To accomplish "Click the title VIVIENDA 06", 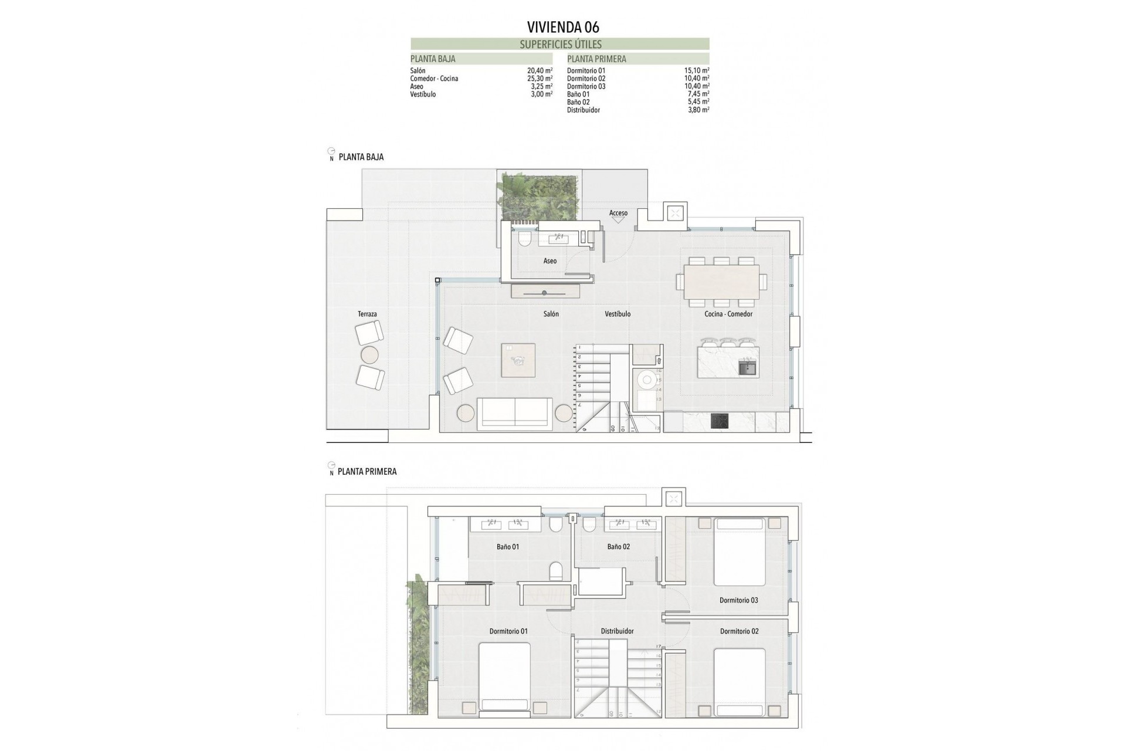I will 563,27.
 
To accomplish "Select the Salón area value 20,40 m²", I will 540,70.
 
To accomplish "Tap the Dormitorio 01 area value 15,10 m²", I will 697,70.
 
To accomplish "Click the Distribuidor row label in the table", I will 583,110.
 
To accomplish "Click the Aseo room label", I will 550,261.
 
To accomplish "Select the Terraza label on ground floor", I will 367,314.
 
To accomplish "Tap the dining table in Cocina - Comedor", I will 721,282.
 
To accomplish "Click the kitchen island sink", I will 747,368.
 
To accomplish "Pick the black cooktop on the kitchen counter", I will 720,421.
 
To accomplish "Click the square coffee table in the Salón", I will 518,360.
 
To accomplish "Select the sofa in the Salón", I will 514,414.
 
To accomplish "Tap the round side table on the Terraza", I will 370,355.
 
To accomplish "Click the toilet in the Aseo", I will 524,239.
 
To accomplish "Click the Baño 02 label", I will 618,546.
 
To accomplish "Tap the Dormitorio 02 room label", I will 739,631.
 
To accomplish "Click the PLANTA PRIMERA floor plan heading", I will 367,472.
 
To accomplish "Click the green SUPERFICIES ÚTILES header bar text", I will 560,44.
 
